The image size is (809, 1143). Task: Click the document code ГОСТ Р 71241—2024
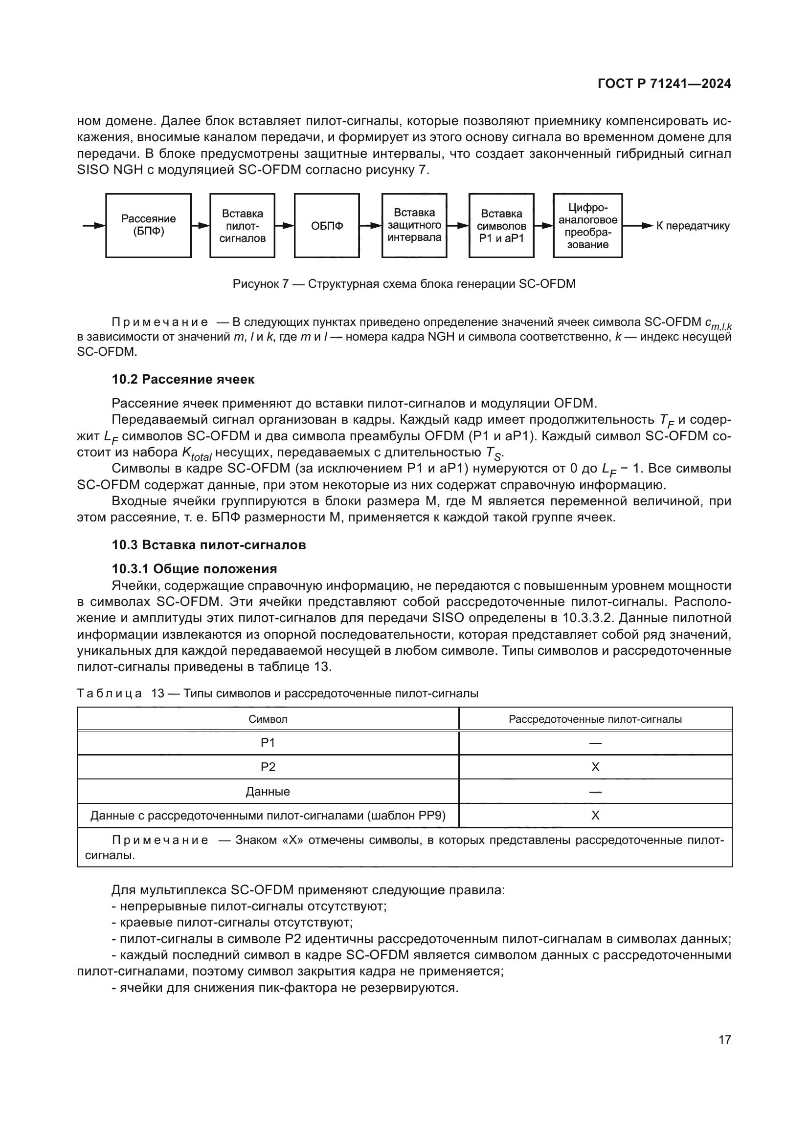pyautogui.click(x=664, y=84)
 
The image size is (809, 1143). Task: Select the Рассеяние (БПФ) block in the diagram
pyautogui.click(x=149, y=225)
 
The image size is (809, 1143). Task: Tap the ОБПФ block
pyautogui.click(x=327, y=225)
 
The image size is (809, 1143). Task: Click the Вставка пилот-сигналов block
pyautogui.click(x=242, y=225)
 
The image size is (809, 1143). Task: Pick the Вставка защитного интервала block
pyautogui.click(x=414, y=225)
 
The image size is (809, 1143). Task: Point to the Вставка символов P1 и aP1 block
pyautogui.click(x=501, y=225)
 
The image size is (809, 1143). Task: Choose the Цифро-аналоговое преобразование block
pyautogui.click(x=587, y=225)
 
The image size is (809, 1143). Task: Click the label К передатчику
pyautogui.click(x=693, y=226)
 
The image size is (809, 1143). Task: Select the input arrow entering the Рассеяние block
pyautogui.click(x=93, y=225)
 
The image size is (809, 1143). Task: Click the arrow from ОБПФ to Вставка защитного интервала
pyautogui.click(x=370, y=225)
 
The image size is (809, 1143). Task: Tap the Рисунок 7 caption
pyautogui.click(x=404, y=284)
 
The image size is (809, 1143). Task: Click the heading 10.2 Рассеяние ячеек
pyautogui.click(x=183, y=379)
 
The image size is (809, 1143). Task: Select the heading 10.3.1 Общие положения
pyautogui.click(x=194, y=568)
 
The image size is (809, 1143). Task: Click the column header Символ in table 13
pyautogui.click(x=268, y=719)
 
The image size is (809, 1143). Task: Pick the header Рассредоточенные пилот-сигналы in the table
pyautogui.click(x=595, y=719)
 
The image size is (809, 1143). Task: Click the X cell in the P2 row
pyautogui.click(x=595, y=767)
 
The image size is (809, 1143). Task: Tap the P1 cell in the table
pyautogui.click(x=268, y=743)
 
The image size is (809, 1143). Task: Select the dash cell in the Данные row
pyautogui.click(x=595, y=792)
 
